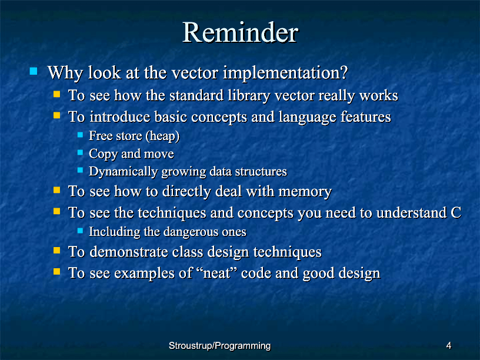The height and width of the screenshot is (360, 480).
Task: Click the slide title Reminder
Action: [240, 32]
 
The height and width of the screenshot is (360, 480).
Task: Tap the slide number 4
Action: [449, 346]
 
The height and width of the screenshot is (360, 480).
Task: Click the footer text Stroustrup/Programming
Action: [219, 346]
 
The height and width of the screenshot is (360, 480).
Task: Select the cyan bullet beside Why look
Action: [34, 71]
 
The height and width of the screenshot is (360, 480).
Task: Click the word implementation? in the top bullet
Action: [285, 74]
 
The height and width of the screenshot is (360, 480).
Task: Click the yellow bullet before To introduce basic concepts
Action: [56, 115]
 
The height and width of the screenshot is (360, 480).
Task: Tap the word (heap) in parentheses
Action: [162, 136]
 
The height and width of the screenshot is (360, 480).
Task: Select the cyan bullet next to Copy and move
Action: [80, 152]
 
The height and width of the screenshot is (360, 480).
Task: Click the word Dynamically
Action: [123, 172]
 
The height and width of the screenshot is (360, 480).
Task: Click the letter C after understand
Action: [456, 212]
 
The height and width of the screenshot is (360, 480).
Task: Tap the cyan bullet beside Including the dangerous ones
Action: [80, 231]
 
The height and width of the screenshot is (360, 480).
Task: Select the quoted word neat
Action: [216, 273]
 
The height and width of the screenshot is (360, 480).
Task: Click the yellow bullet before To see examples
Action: [56, 272]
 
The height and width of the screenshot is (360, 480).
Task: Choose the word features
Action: [365, 116]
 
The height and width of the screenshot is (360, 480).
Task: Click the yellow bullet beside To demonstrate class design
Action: [56, 251]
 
